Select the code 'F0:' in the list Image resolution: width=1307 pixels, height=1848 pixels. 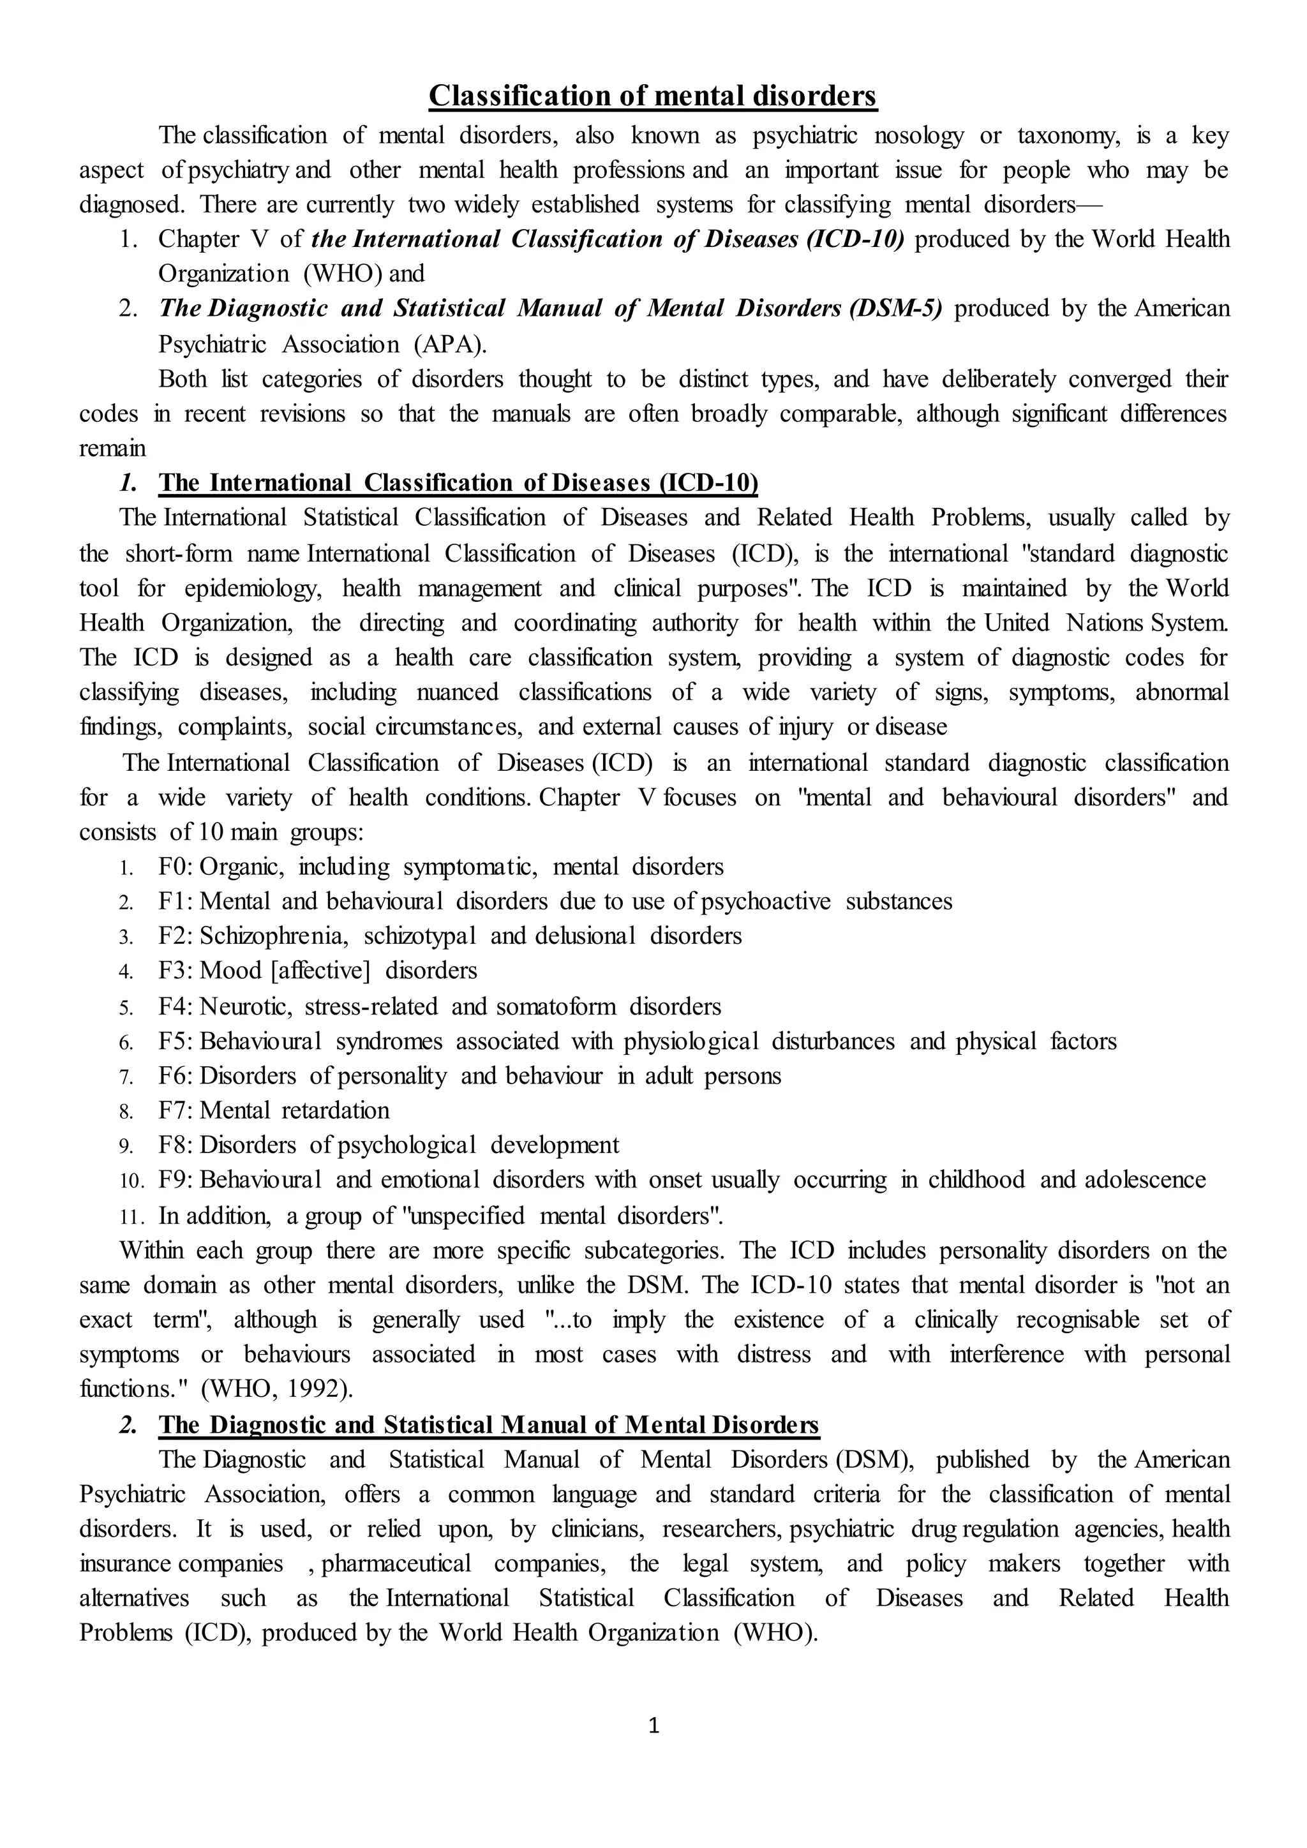tap(177, 867)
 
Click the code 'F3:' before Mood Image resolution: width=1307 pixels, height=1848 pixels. tap(177, 971)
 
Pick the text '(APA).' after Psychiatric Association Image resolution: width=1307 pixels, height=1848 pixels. tap(451, 345)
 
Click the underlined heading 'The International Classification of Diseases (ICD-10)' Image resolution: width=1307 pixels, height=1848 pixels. tap(458, 483)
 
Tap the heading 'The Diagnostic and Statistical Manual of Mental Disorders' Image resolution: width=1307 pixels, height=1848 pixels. tap(488, 1426)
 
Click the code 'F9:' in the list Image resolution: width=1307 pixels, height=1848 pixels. tap(177, 1180)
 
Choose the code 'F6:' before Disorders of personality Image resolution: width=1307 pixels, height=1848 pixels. tap(177, 1076)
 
